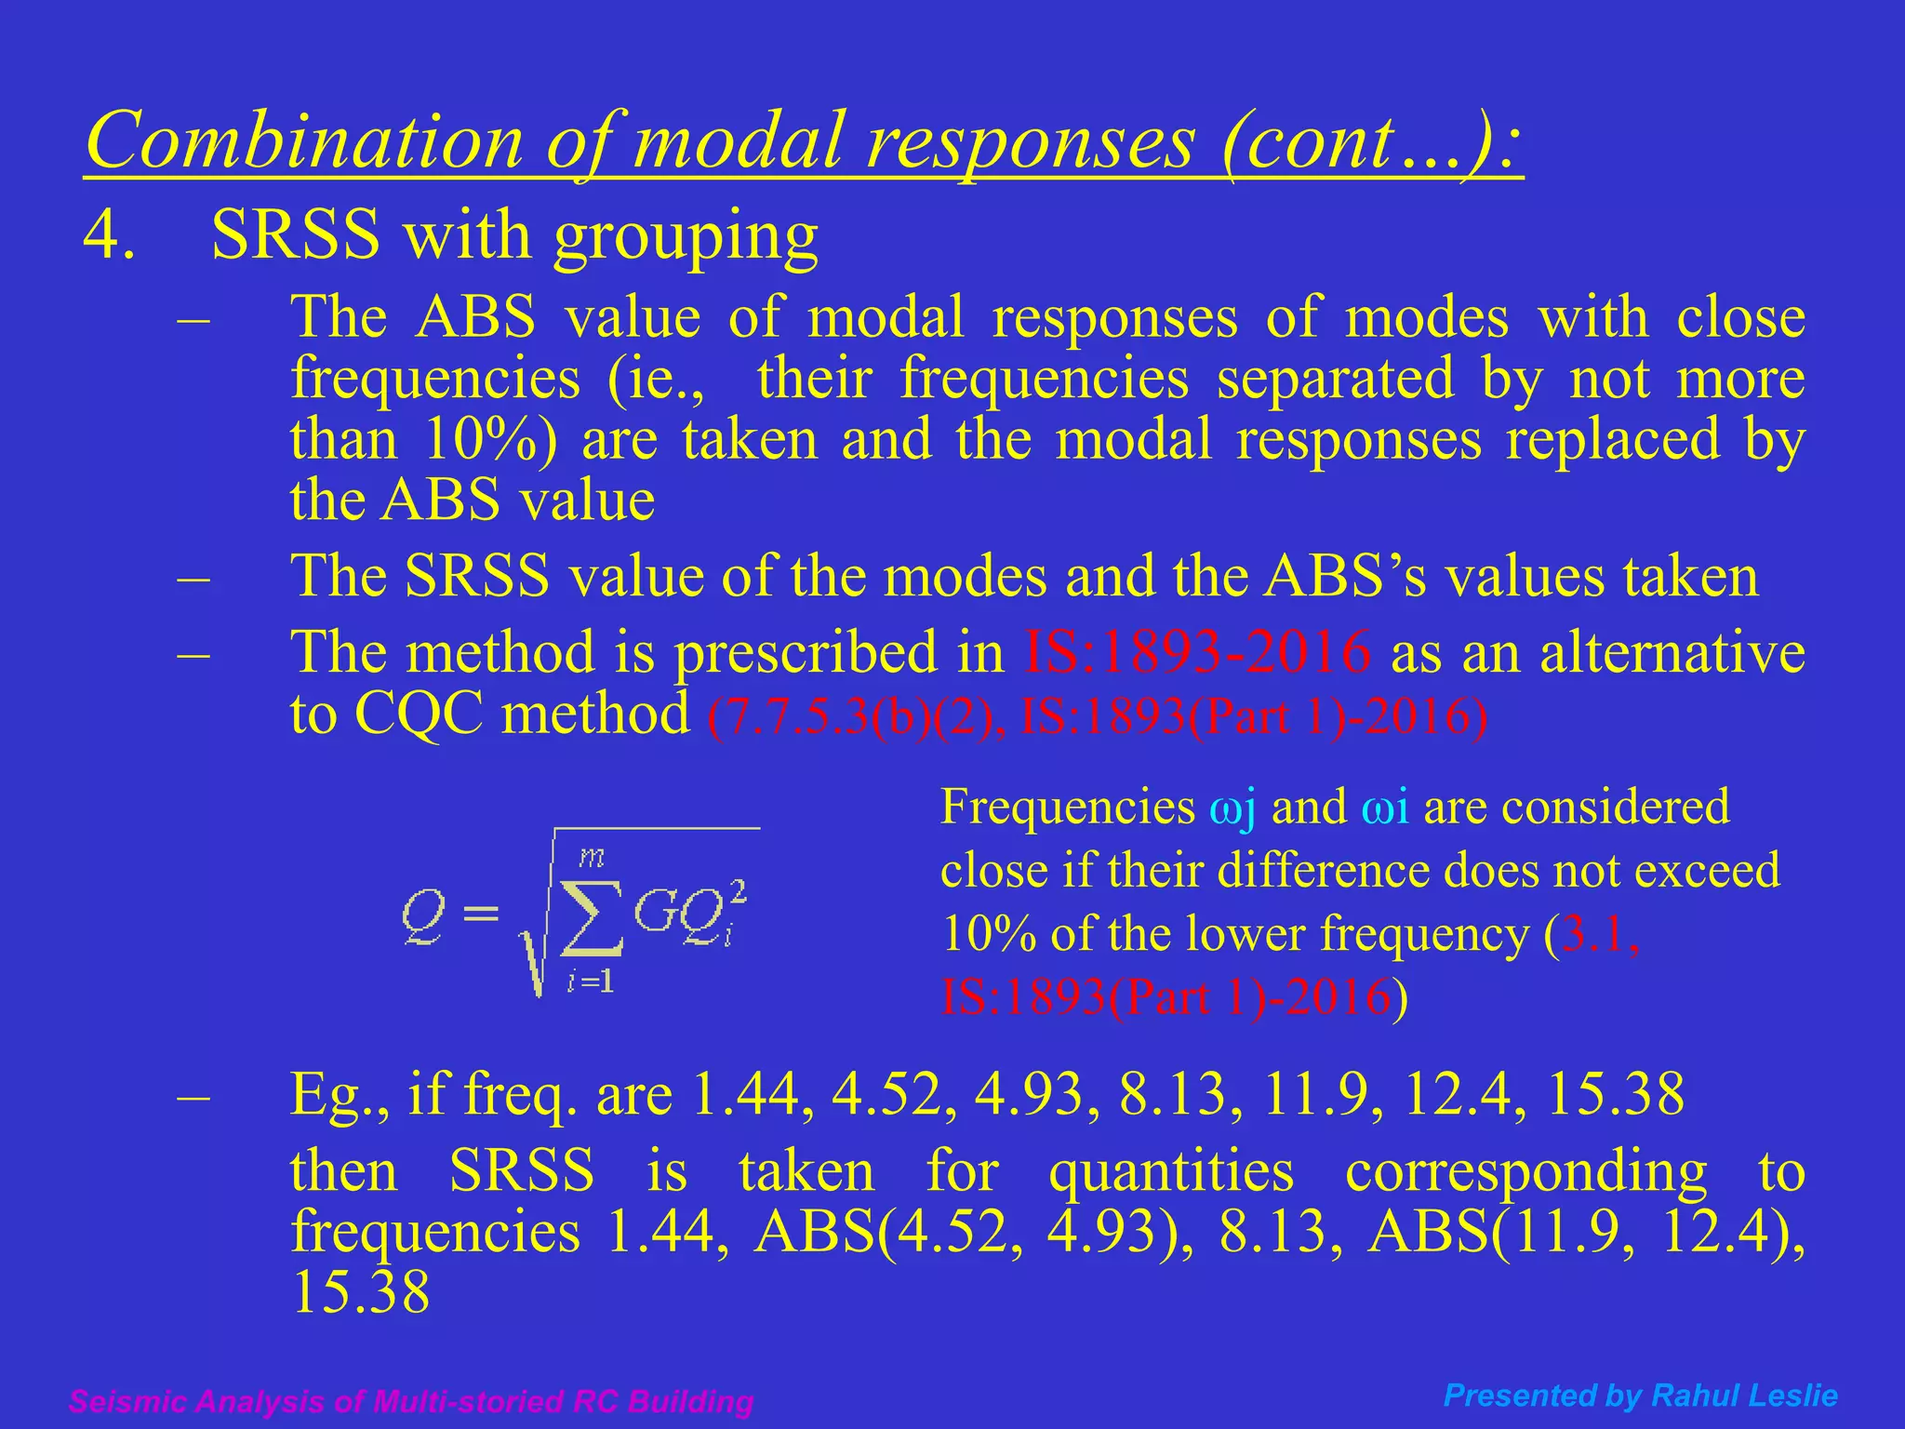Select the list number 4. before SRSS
pyautogui.click(x=110, y=234)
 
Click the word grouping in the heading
pyautogui.click(x=686, y=236)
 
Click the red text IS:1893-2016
pyautogui.click(x=1196, y=651)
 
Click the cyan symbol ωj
pyautogui.click(x=1232, y=808)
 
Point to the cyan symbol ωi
pyautogui.click(x=1384, y=808)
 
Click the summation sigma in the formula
pyautogui.click(x=592, y=917)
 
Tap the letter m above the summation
pyautogui.click(x=592, y=857)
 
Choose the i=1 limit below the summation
pyautogui.click(x=591, y=982)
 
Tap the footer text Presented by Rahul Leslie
pyautogui.click(x=1640, y=1396)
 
